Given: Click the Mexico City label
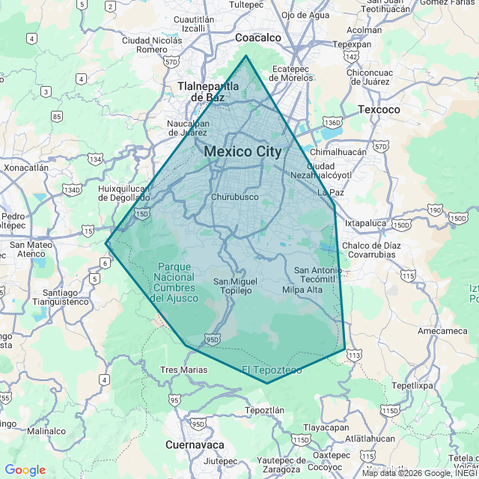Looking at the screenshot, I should coord(242,151).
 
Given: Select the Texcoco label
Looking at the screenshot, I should coord(379,109).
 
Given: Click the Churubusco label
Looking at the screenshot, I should coord(235,197).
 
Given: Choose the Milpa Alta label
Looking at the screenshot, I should coord(302,290).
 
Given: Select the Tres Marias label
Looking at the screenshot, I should coord(183,370).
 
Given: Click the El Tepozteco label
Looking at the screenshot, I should coord(272,370).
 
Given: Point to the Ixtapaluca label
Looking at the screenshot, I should coord(364,222).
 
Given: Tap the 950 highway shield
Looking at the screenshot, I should coord(213,339).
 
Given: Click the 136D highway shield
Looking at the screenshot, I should coord(332,121).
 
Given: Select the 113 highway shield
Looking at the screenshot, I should coord(354,354).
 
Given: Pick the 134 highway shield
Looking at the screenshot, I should coord(95,159).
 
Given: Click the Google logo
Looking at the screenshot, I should coord(25,470).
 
